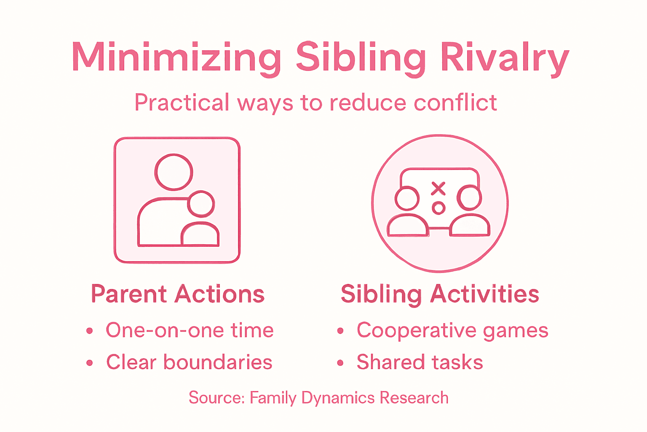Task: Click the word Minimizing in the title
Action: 176,57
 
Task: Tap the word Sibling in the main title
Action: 361,57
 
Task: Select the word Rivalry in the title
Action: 505,57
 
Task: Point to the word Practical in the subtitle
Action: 182,103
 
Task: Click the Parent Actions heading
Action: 178,294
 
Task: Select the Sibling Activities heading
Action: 440,294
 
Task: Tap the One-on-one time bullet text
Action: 190,330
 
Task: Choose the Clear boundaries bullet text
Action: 189,362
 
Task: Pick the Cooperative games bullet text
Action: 452,330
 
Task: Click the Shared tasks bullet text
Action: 420,362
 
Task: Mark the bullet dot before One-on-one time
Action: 89,331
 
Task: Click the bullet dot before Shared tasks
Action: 340,363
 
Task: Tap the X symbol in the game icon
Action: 438,188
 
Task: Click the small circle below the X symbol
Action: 438,208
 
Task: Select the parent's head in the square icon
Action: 174,172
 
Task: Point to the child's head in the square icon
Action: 201,204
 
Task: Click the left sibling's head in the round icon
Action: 407,198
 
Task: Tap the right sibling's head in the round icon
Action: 469,197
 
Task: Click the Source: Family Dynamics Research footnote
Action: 318,398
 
